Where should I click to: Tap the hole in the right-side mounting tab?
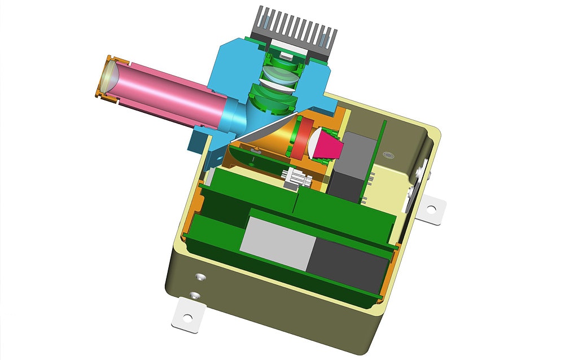(x=431, y=209)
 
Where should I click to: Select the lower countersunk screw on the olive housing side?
(x=195, y=295)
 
